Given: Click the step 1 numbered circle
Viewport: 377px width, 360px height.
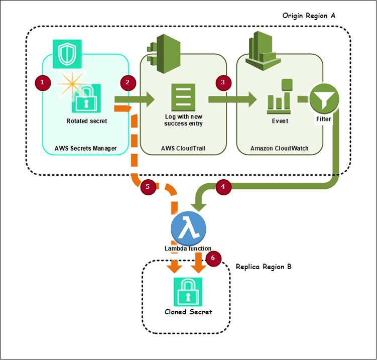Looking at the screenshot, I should tap(43, 81).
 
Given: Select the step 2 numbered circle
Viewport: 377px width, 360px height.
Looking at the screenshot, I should tap(129, 82).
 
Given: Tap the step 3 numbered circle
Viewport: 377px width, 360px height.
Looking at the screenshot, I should tap(223, 82).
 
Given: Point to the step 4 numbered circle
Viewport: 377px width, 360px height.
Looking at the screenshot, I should tap(223, 187).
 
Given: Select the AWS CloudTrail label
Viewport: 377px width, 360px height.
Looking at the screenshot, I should tap(182, 149).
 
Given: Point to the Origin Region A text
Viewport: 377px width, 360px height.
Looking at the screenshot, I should tap(309, 16).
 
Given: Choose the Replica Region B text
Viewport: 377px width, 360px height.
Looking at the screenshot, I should tap(264, 267).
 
